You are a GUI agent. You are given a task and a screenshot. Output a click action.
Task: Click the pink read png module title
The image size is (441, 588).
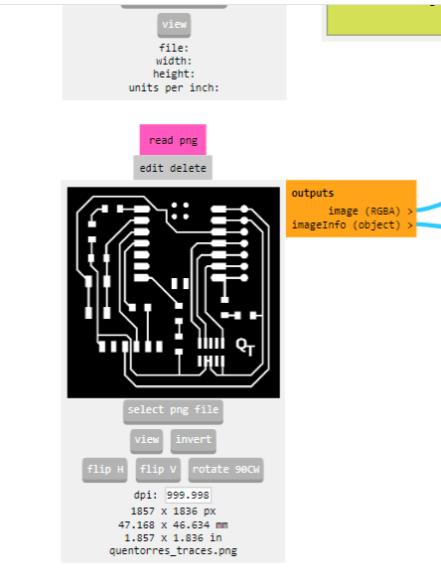173,140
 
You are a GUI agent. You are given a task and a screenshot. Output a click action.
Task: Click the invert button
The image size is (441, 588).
194,440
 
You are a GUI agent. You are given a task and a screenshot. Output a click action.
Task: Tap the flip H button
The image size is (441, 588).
105,470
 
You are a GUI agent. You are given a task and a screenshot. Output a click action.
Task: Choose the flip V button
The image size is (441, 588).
158,470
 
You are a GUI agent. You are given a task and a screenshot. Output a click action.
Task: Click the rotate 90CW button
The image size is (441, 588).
226,470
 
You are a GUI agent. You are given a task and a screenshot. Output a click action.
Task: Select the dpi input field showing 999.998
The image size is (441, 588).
188,495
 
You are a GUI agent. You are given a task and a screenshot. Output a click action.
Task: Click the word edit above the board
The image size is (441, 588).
151,168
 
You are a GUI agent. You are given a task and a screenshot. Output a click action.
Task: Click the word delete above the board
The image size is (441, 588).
188,168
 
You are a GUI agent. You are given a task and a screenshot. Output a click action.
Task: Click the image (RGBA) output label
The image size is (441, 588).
365,212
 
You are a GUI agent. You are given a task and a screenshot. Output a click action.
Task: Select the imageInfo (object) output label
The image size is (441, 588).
346,225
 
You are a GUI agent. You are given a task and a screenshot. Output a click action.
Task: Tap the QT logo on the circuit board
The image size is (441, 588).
245,347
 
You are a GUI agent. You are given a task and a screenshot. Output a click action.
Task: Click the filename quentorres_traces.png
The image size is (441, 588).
173,550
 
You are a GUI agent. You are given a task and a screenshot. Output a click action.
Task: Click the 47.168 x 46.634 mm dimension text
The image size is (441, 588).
173,524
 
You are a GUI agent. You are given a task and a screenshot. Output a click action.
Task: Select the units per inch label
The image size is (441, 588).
174,87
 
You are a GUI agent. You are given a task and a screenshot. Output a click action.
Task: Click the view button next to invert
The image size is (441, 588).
147,440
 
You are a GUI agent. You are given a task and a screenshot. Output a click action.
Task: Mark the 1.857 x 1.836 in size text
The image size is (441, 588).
173,537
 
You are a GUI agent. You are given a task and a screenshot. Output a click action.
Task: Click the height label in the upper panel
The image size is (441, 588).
174,73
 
